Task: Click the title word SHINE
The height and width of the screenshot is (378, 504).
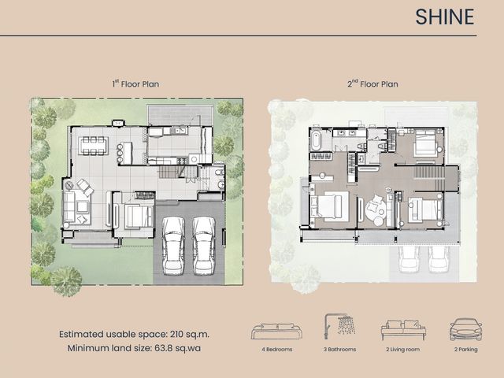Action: pyautogui.click(x=444, y=17)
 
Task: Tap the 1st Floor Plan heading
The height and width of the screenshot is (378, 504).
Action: pyautogui.click(x=135, y=84)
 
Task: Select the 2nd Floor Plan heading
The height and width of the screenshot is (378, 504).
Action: pyautogui.click(x=372, y=84)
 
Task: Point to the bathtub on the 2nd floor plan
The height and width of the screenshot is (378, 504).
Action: pyautogui.click(x=316, y=140)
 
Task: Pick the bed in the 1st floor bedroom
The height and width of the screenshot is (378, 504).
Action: pyautogui.click(x=139, y=215)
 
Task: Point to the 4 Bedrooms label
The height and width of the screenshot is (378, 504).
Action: pyautogui.click(x=276, y=350)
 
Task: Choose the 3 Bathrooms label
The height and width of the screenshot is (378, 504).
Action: pyautogui.click(x=339, y=350)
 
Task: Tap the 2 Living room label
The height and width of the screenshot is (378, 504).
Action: pyautogui.click(x=402, y=350)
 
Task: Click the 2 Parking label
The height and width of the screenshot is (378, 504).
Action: pyautogui.click(x=465, y=350)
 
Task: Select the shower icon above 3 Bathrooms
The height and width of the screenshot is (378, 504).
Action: pyautogui.click(x=339, y=326)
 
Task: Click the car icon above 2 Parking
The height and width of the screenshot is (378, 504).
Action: pyautogui.click(x=465, y=329)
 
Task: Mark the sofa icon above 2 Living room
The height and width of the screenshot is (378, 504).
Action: pyautogui.click(x=403, y=330)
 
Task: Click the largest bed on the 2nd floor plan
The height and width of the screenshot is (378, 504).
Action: pyautogui.click(x=330, y=206)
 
